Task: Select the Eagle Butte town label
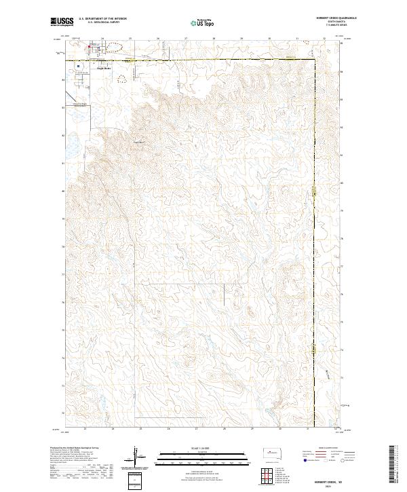pos(103,68)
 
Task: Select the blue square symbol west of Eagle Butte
pos(78,67)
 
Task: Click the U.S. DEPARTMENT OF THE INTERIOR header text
pos(102,18)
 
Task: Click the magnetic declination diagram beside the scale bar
pos(136,457)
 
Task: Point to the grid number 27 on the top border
pos(186,39)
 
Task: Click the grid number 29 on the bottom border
pos(251,429)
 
